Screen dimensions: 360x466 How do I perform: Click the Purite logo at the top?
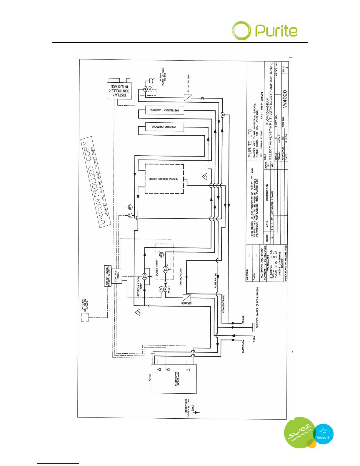[x=265, y=31]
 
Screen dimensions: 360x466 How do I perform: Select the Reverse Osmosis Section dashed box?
[x=164, y=179]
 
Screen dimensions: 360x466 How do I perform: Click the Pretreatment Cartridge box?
[x=164, y=110]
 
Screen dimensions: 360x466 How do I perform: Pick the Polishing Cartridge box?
[x=164, y=127]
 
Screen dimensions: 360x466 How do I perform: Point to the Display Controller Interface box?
[x=119, y=91]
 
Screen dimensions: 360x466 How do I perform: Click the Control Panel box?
[x=117, y=277]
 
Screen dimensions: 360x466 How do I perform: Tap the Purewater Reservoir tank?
[x=174, y=379]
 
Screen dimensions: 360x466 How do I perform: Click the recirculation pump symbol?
[x=144, y=276]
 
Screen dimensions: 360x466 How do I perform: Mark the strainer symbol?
[x=187, y=297]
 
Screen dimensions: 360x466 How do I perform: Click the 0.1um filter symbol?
[x=188, y=98]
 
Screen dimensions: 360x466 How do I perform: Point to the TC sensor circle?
[x=130, y=216]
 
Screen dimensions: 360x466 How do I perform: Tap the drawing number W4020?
[x=284, y=99]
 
